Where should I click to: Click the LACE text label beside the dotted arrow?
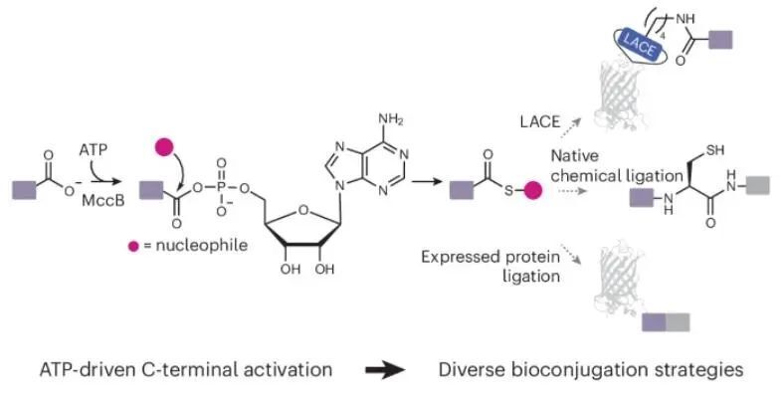coord(540,124)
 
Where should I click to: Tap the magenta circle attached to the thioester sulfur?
coord(532,187)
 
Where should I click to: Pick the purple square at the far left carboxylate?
coord(22,186)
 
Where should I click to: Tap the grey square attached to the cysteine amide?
coord(759,184)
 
